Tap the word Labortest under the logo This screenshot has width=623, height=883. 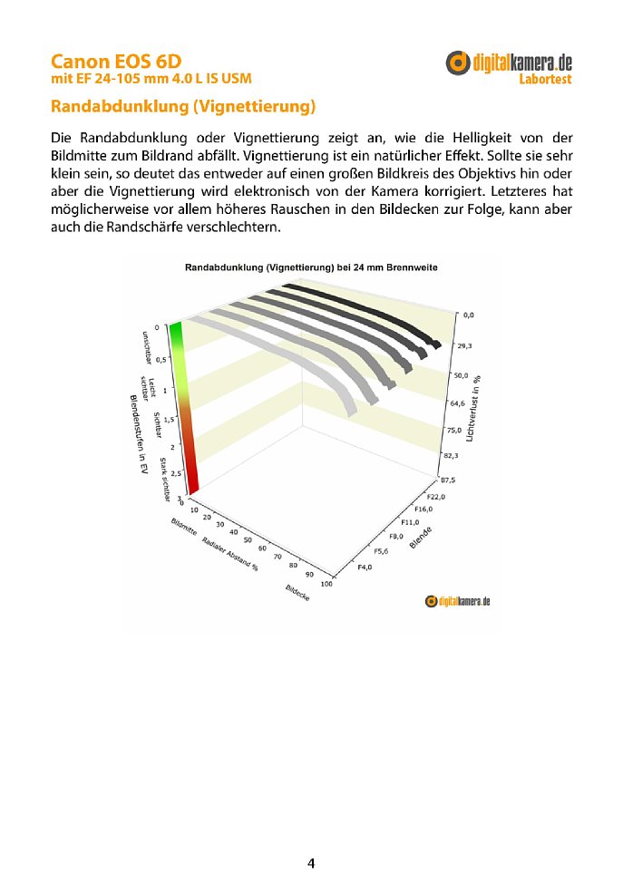[x=545, y=80]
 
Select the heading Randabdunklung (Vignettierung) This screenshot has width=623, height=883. [x=183, y=108]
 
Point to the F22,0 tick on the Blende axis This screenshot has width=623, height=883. [x=437, y=497]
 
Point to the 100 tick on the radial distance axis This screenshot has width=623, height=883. [x=326, y=584]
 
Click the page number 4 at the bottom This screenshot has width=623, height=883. [x=311, y=863]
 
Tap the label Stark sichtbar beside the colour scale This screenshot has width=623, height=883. [x=165, y=479]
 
